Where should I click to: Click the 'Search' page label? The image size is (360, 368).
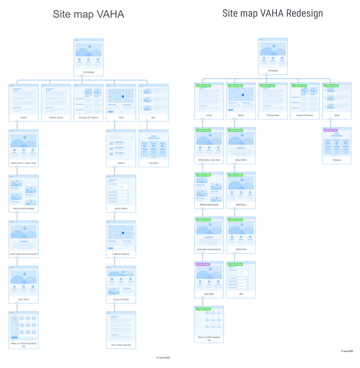pyautogui.click(x=121, y=163)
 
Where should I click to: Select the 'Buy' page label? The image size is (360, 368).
pyautogui.click(x=153, y=117)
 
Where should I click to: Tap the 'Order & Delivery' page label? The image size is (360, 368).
pyautogui.click(x=121, y=254)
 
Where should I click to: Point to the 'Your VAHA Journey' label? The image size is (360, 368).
pyautogui.click(x=121, y=345)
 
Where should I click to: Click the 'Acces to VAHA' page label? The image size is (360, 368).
pyautogui.click(x=121, y=300)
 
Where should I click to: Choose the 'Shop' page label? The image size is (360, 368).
pyautogui.click(x=337, y=115)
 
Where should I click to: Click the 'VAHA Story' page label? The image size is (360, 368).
pyautogui.click(x=241, y=205)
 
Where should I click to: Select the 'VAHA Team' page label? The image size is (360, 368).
pyautogui.click(x=241, y=249)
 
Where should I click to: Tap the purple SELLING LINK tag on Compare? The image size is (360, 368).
pyautogui.click(x=331, y=130)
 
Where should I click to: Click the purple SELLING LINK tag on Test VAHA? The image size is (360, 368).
pyautogui.click(x=203, y=264)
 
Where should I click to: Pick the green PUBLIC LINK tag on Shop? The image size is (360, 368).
pyautogui.click(x=331, y=86)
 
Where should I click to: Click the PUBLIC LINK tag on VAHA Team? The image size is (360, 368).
pyautogui.click(x=236, y=220)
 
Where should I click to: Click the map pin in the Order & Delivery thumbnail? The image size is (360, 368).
pyautogui.click(x=123, y=233)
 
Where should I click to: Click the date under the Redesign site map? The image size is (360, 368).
pyautogui.click(x=347, y=351)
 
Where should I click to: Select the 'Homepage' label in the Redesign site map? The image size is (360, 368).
pyautogui.click(x=273, y=71)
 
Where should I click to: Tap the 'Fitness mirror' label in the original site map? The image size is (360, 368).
pyautogui.click(x=56, y=117)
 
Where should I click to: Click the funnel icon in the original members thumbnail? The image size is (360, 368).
pyautogui.click(x=14, y=320)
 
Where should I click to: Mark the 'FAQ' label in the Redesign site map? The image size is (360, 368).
pyautogui.click(x=241, y=294)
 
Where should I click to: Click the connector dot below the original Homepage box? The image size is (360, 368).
pyautogui.click(x=82, y=76)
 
